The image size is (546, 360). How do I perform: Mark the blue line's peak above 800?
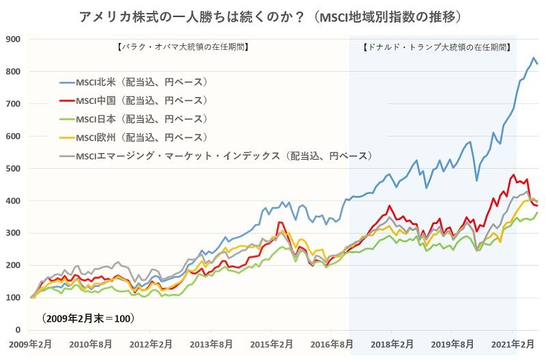pos(533,58)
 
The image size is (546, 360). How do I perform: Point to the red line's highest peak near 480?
pos(513,175)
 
